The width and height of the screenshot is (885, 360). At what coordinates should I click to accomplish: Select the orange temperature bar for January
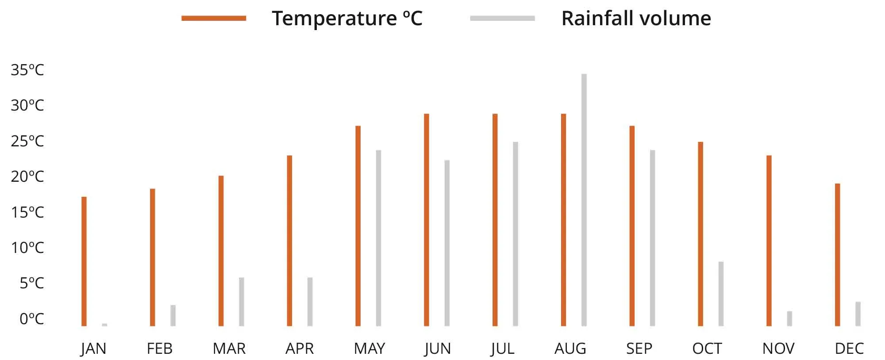coord(84,261)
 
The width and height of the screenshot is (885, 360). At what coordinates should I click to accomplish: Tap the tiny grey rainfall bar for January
coord(104,325)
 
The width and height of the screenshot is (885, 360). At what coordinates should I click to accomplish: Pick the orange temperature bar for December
coord(837,255)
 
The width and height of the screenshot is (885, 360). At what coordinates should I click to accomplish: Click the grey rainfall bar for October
coord(721,294)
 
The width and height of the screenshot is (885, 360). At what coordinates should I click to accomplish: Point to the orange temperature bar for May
coord(358,226)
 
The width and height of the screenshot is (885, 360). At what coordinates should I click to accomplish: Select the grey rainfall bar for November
coord(789,318)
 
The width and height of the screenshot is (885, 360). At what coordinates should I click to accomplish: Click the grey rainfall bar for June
coord(447,243)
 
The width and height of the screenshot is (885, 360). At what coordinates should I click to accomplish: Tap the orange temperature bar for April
coord(289,241)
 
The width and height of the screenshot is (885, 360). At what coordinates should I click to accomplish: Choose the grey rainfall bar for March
coord(242,302)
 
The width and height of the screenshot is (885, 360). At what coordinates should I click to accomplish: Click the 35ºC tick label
coord(27,70)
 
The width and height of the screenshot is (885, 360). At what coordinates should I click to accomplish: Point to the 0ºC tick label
coord(31,318)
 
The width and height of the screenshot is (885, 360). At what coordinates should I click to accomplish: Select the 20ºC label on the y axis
coord(27,176)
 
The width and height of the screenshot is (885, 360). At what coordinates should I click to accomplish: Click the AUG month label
coord(570,349)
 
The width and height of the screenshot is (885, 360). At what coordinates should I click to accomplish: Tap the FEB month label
coord(159,349)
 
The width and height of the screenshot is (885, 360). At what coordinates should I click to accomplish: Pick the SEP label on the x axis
coord(639,349)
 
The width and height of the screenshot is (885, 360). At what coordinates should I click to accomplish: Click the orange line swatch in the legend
coord(214,18)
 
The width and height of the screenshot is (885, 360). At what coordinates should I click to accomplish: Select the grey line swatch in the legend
coord(502,18)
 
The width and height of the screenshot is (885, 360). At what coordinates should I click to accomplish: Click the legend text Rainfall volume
coord(636,19)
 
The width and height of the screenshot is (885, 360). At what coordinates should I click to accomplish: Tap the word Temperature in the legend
coord(334,19)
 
